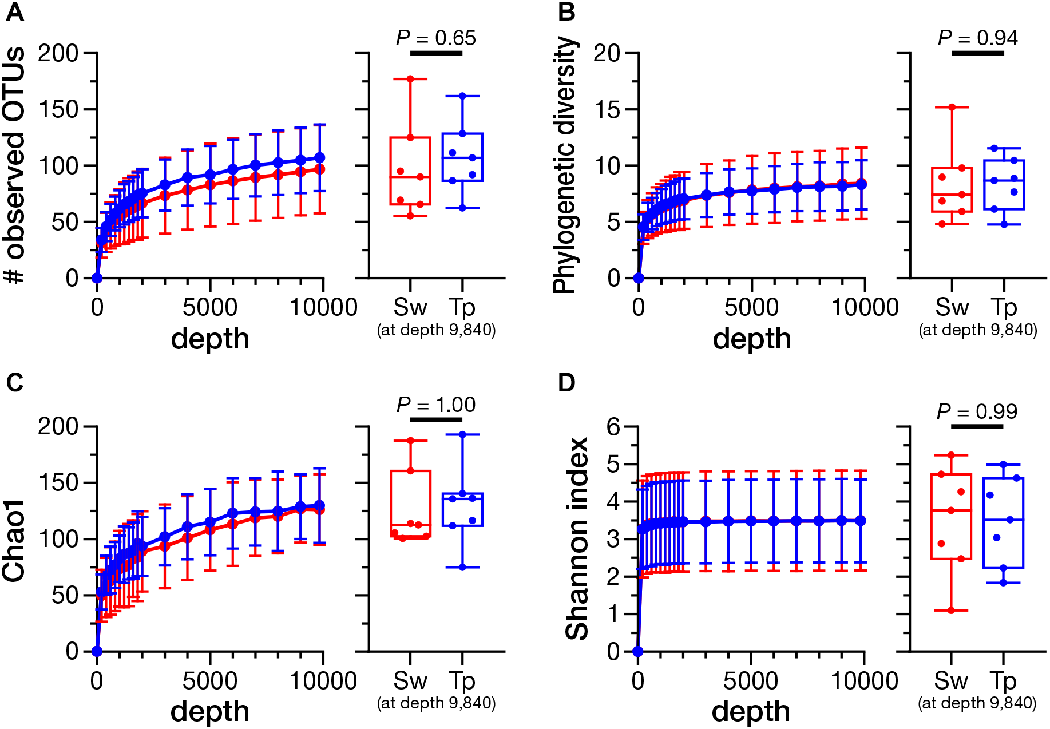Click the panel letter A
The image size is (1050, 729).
15,12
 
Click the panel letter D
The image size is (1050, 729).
566,383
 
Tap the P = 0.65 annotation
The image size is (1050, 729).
436,38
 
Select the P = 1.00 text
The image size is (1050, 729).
436,405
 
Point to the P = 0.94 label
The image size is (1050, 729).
978,38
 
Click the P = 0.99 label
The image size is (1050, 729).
977,411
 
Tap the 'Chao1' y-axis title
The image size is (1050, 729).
14,540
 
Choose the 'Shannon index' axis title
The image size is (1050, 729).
577,538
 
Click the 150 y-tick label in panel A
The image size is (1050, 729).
58,109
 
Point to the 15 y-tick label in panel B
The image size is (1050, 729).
607,109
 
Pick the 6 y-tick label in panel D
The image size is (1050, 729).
613,426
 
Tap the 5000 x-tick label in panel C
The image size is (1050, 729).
210,681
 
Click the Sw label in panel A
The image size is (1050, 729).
410,308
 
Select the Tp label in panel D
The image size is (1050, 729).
1003,681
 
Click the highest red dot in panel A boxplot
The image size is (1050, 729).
410,79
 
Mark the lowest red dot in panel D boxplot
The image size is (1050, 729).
951,611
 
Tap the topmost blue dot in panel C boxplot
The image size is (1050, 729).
462,434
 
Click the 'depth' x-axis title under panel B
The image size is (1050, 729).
752,339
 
